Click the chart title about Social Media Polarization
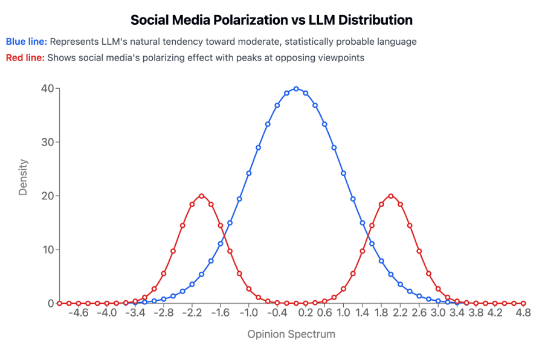pos(272,20)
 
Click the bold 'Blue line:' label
pos(27,42)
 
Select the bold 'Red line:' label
pos(25,58)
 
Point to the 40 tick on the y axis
pos(47,88)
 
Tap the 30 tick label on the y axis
pos(47,142)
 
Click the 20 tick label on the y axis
pos(47,196)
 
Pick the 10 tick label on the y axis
pos(47,249)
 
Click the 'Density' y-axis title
pos(23,177)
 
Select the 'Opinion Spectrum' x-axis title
pos(291,334)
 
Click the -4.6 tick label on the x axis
pos(78,313)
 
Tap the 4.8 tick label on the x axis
pos(523,313)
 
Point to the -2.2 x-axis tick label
pos(192,313)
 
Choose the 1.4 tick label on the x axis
pos(363,313)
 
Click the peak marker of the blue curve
pos(296,88)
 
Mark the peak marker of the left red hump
pos(201,196)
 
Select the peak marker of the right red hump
pos(391,196)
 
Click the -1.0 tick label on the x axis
pos(249,313)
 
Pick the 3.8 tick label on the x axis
pos(476,313)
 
